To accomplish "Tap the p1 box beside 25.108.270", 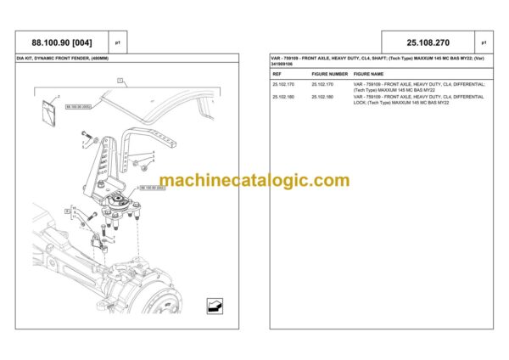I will coord(484,41).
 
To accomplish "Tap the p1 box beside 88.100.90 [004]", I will coord(118,41).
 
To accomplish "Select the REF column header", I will coord(277,74).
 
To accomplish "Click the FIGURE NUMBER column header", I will coord(328,74).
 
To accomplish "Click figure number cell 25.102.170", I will coord(323,85).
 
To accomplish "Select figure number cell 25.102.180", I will coord(323,97).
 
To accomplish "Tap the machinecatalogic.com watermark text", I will coord(254,180).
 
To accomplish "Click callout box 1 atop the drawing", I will coord(121,82).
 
